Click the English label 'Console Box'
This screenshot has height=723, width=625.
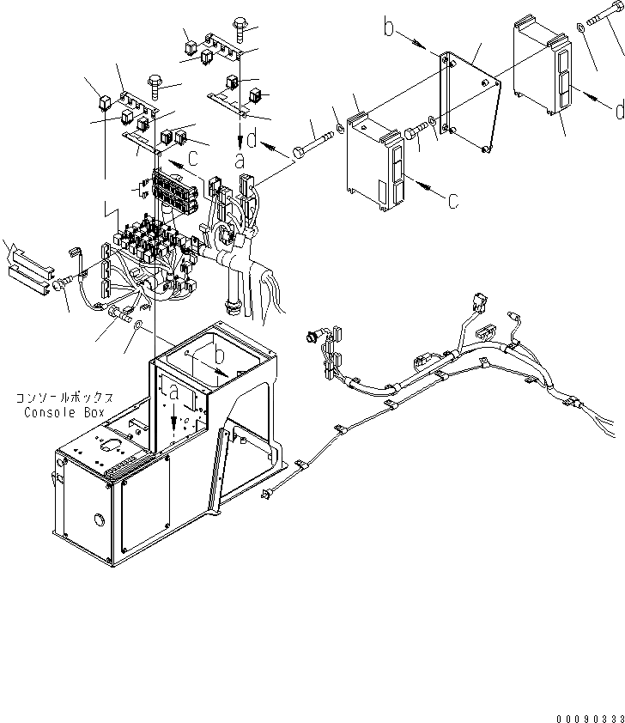click(59, 412)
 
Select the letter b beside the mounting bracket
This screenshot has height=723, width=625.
click(389, 29)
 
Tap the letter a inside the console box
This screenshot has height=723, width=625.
click(175, 393)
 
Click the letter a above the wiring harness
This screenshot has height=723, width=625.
click(240, 161)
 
